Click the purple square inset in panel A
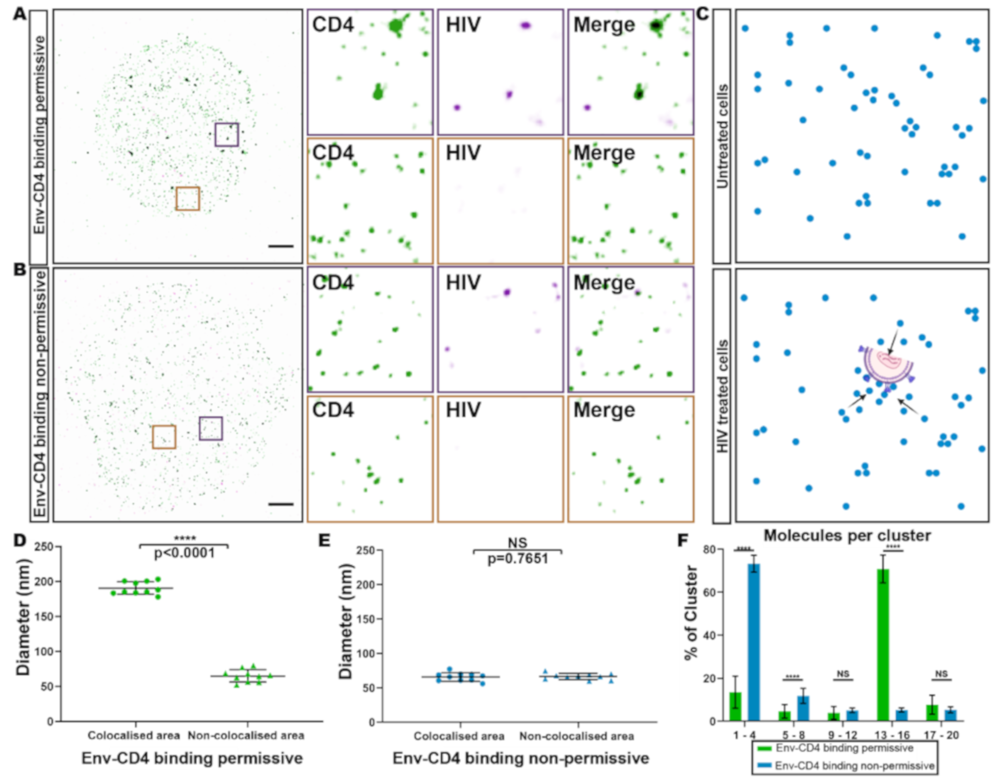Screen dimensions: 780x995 (227, 134)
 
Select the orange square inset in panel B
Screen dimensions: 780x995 (164, 437)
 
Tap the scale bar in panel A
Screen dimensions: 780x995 (281, 246)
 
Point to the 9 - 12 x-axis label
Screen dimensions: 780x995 (842, 735)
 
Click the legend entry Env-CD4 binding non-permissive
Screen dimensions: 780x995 (854, 765)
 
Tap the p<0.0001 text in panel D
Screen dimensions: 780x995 (184, 553)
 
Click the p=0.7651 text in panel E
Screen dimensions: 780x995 (518, 559)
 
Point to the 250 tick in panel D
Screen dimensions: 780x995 (44, 547)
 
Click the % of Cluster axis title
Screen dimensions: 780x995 (692, 612)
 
